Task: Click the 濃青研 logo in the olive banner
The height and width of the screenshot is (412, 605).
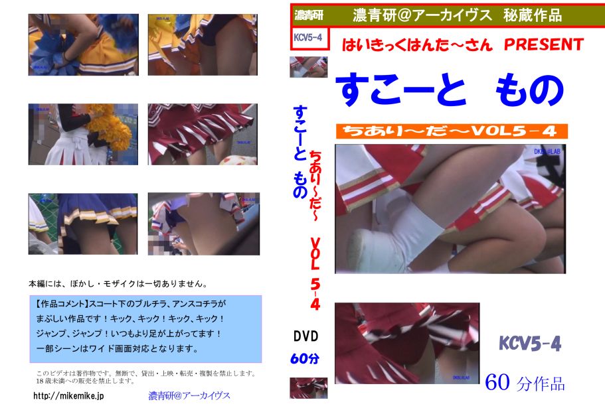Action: click(309, 15)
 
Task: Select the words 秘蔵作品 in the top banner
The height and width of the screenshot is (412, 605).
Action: click(533, 15)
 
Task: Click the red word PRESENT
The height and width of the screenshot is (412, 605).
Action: click(544, 44)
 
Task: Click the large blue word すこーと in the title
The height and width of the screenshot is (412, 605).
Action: click(401, 90)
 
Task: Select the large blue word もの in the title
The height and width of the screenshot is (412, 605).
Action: click(529, 90)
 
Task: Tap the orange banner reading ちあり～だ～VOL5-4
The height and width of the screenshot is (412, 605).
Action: click(452, 131)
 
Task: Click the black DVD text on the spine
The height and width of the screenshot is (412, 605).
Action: click(306, 336)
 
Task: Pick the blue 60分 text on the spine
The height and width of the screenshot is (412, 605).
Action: click(305, 359)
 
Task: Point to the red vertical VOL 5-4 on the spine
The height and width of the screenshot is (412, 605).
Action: click(315, 273)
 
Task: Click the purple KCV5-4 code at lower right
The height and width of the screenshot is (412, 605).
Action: click(530, 343)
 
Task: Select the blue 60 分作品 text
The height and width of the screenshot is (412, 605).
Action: click(525, 383)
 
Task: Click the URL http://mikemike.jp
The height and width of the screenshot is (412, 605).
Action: click(68, 395)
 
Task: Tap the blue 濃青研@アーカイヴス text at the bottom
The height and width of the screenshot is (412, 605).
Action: click(189, 395)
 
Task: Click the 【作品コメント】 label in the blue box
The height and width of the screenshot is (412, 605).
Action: click(62, 304)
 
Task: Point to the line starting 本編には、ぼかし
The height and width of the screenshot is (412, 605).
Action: click(118, 284)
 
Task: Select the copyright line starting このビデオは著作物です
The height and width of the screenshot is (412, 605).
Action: click(146, 373)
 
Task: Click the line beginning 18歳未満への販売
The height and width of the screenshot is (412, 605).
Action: click(86, 381)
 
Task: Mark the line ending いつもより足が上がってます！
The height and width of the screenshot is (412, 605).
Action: click(129, 333)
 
